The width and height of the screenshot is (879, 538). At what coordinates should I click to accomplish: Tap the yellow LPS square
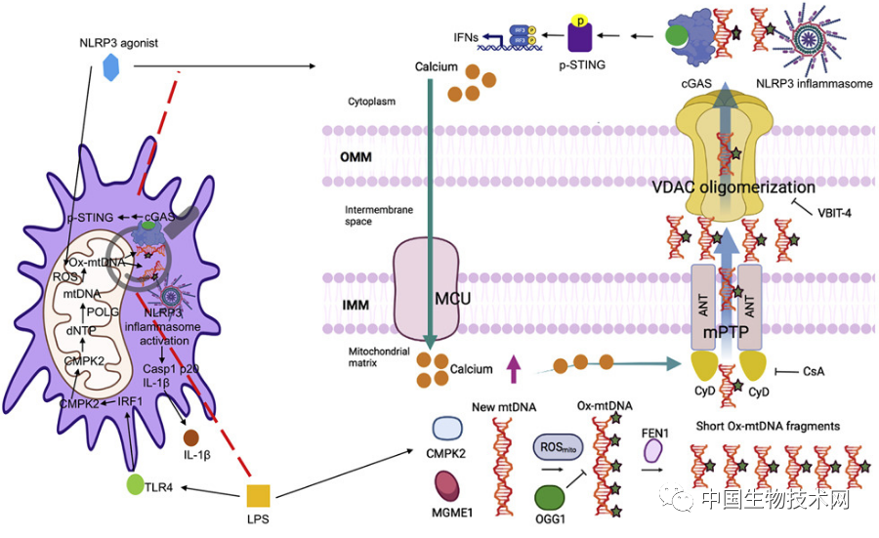click(x=259, y=495)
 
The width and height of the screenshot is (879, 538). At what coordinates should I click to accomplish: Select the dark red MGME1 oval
click(x=450, y=484)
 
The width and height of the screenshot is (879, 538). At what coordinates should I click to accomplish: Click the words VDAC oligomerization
click(x=749, y=187)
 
